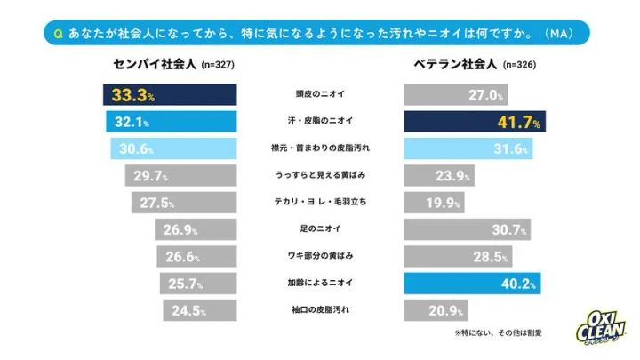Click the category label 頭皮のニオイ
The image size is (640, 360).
[x=318, y=93]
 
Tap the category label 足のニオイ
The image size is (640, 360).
[x=318, y=229]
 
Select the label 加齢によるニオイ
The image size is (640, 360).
[x=318, y=284]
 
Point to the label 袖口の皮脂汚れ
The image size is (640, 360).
[x=318, y=311]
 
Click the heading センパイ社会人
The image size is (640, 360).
[x=148, y=65]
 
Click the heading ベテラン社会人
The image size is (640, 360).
[x=455, y=65]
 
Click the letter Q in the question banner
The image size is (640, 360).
[x=56, y=32]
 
